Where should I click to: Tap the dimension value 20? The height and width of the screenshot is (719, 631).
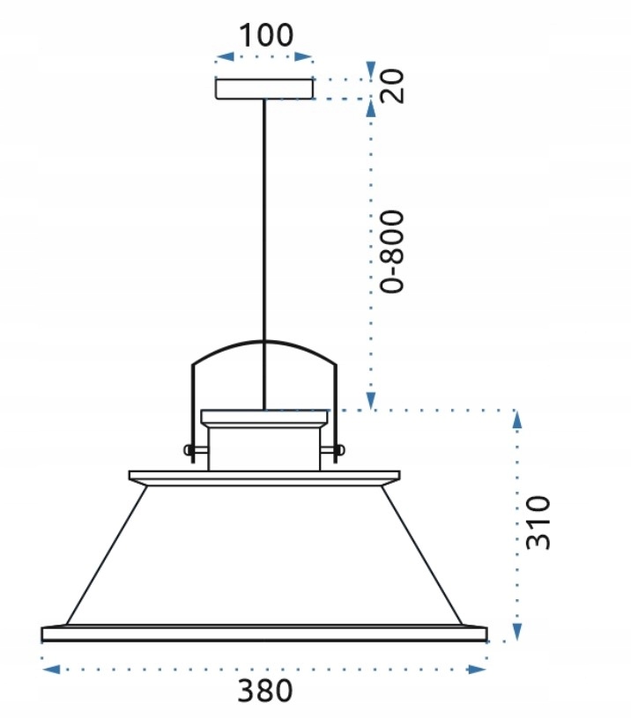pos(395,85)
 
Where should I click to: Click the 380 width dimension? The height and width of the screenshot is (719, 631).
pos(264,692)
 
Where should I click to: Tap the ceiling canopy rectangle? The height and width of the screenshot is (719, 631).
pos(264,88)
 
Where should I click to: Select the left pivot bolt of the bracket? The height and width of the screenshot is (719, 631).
pos(189,450)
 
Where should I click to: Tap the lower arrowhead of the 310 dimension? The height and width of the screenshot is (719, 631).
pos(517,631)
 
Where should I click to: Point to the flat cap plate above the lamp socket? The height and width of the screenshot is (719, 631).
pos(264,417)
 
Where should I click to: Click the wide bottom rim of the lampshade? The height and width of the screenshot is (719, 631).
pos(264,633)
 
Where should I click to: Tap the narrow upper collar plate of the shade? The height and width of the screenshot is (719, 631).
pos(264,477)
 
